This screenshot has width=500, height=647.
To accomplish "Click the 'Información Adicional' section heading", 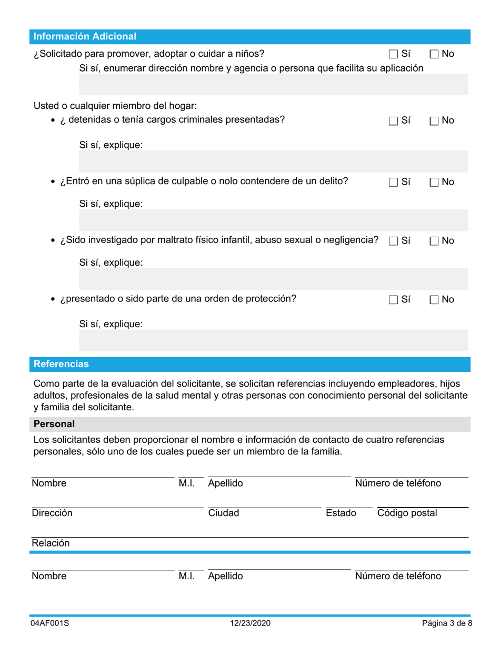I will (85, 36).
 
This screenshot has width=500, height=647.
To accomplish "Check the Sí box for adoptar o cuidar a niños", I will (393, 54).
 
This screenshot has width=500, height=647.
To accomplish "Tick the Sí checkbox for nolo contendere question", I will (393, 183).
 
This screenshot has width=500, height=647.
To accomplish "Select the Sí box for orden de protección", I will (393, 300).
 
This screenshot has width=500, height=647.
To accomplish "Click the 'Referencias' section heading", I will (61, 364).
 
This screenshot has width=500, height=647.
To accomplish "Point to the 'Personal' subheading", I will (54, 424).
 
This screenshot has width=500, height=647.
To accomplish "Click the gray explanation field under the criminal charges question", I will (273, 161).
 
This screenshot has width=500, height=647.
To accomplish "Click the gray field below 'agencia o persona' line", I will (273, 84).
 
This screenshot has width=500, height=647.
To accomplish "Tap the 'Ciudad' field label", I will (224, 513).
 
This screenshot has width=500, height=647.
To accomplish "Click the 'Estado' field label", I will (341, 513).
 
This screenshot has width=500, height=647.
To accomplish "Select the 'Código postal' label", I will (407, 513).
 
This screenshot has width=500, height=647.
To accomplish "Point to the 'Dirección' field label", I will (52, 513).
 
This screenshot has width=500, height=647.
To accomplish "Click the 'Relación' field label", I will (51, 543).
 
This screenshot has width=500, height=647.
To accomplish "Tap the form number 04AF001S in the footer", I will (49, 623).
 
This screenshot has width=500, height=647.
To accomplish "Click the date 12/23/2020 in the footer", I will (250, 623).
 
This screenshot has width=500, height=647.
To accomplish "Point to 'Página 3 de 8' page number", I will (447, 623).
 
